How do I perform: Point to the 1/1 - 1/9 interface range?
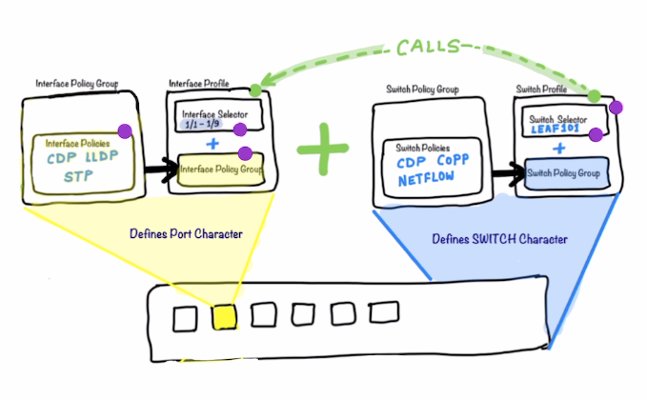coord(203,125)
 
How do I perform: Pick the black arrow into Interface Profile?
coord(154,169)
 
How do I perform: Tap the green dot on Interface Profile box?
coord(255,91)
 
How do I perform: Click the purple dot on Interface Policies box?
coord(124,130)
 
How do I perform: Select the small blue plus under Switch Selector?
coord(560,150)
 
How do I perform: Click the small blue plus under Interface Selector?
coord(212,144)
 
